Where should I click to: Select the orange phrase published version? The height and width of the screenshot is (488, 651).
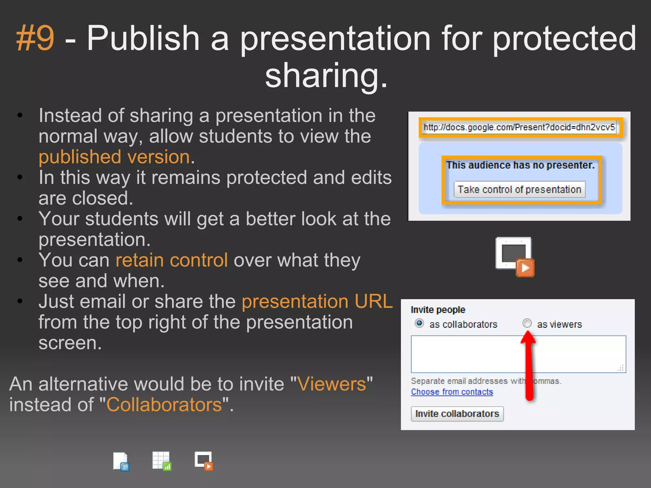pyautogui.click(x=114, y=157)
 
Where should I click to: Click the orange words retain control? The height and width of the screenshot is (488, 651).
pyautogui.click(x=172, y=260)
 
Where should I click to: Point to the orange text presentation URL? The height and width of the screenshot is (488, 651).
pyautogui.click(x=317, y=302)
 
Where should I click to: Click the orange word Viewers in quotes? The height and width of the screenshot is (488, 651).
pyautogui.click(x=332, y=384)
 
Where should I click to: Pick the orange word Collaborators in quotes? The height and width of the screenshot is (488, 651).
pyautogui.click(x=164, y=405)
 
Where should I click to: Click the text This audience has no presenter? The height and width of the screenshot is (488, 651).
pyautogui.click(x=520, y=165)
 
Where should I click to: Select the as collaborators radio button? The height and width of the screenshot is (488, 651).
pyautogui.click(x=419, y=323)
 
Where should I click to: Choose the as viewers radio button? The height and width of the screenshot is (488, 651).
pyautogui.click(x=527, y=323)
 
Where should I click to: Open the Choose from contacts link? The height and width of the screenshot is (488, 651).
pyautogui.click(x=452, y=392)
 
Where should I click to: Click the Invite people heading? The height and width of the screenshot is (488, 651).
pyautogui.click(x=438, y=310)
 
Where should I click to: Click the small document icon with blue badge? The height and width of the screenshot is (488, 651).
pyautogui.click(x=121, y=461)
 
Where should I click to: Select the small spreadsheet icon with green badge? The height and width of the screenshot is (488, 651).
pyautogui.click(x=162, y=461)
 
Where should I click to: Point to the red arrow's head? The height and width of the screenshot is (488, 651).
pyautogui.click(x=528, y=336)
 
